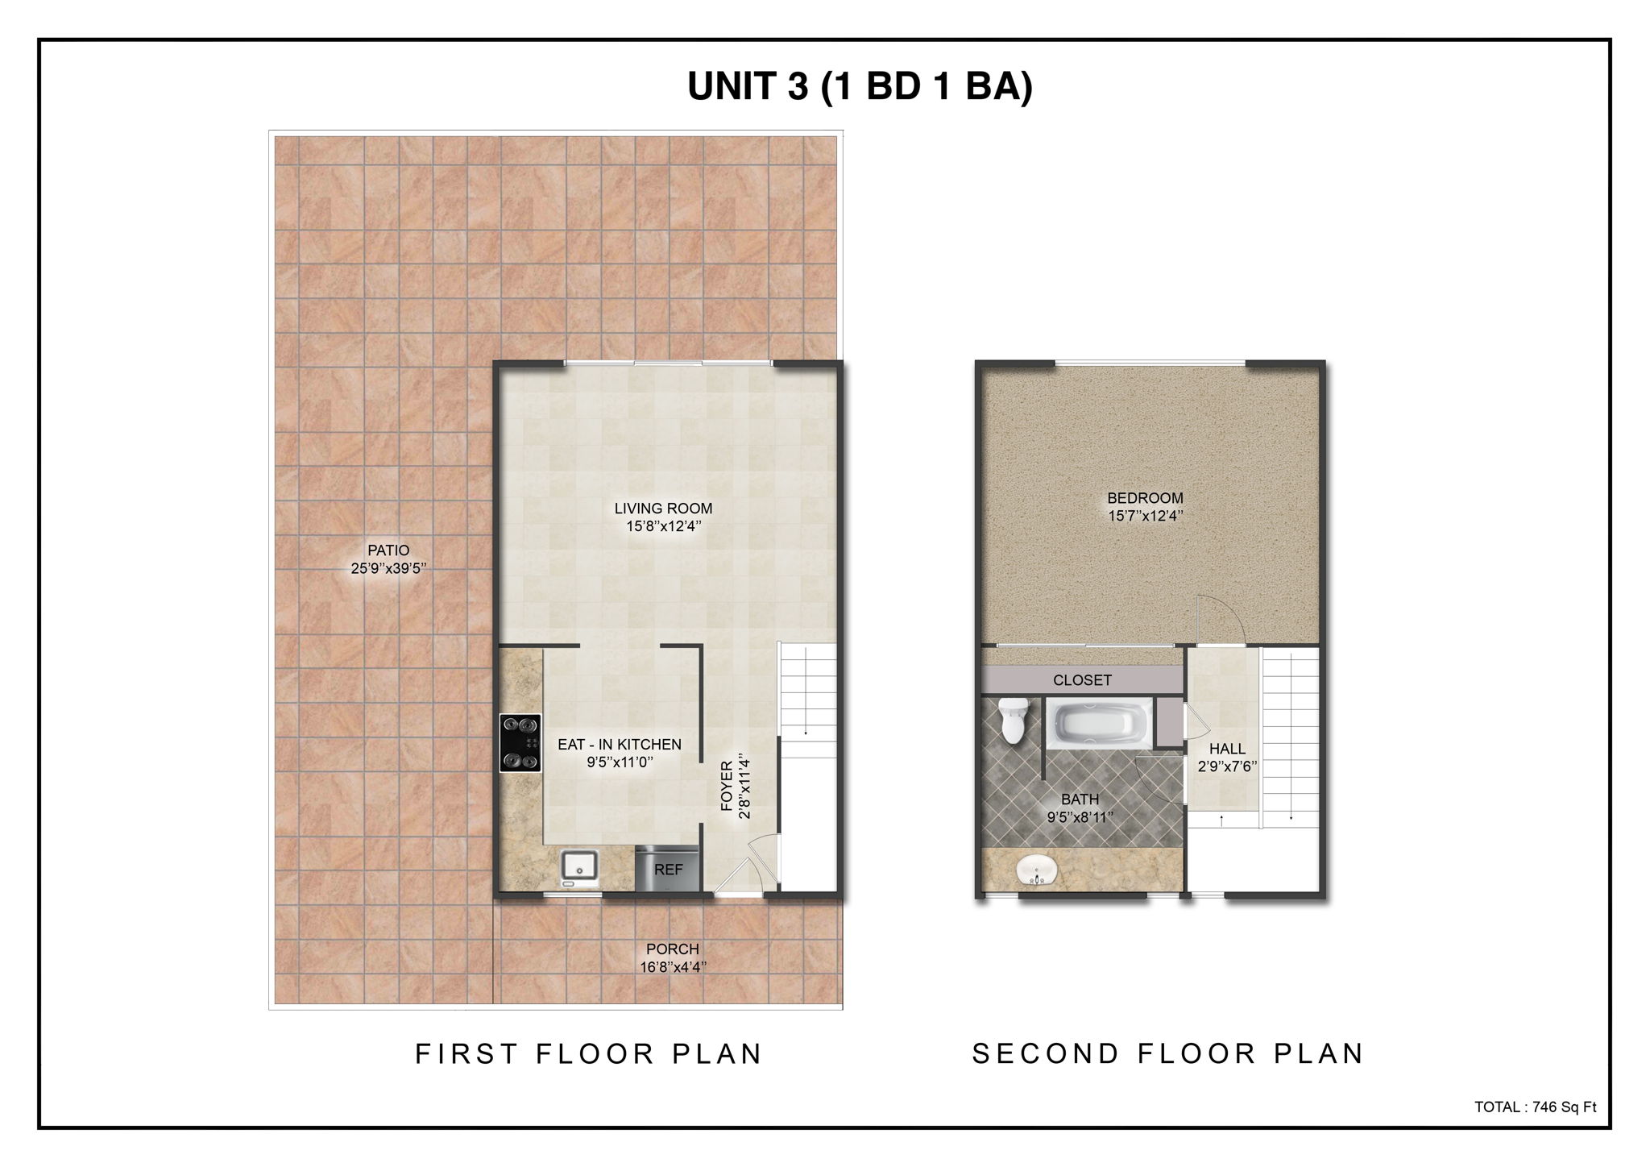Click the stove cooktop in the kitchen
(520, 743)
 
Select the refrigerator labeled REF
(668, 869)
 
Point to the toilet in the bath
(1012, 719)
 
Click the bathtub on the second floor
(1097, 722)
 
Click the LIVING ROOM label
(663, 509)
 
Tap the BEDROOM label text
(1145, 498)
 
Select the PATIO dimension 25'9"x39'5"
(388, 568)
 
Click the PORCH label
(673, 949)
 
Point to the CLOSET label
(1082, 680)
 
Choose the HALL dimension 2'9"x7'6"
(1228, 767)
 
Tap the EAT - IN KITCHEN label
(620, 745)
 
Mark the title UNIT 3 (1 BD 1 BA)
(860, 87)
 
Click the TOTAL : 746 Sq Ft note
(1535, 1107)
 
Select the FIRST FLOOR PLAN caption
(589, 1054)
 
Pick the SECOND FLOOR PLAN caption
(1168, 1054)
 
